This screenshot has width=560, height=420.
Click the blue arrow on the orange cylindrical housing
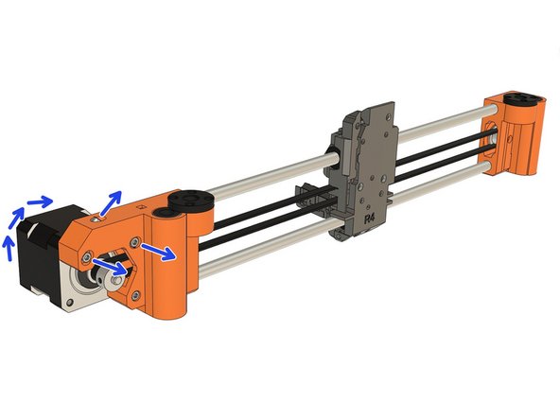tap(158, 253)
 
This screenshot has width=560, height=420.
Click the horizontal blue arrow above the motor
tap(39, 201)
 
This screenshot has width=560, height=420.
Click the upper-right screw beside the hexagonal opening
tap(136, 242)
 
